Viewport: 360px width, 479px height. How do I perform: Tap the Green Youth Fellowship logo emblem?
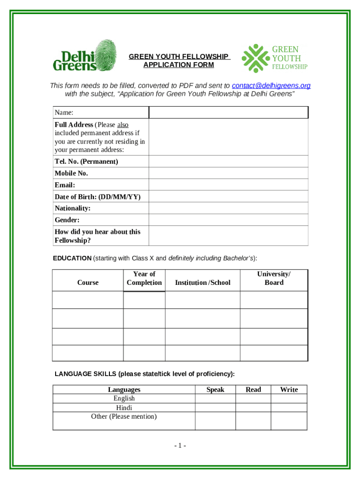pos(256,58)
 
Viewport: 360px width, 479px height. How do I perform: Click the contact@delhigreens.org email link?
pos(271,86)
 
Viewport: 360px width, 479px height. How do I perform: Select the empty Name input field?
pos(228,113)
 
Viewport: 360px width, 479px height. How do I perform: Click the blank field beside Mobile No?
pos(228,173)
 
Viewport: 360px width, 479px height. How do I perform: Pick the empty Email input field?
pos(228,185)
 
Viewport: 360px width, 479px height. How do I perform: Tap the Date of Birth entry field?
pos(228,196)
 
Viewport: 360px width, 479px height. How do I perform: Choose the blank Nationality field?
pos(228,208)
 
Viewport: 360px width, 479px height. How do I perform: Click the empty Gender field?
pos(228,220)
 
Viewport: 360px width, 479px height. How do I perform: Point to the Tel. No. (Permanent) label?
pos(86,161)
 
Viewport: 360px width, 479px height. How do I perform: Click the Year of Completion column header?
pos(144,278)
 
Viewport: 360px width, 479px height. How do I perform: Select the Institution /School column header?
pos(202,283)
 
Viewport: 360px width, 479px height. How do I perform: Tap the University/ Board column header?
pos(274,278)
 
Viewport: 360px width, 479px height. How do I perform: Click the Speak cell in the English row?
pos(215,399)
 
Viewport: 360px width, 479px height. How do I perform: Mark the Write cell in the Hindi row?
pos(289,407)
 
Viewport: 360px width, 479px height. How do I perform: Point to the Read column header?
pos(253,390)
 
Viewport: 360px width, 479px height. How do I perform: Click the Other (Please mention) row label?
pos(124,416)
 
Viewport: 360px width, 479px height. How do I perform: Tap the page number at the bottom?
pos(180,446)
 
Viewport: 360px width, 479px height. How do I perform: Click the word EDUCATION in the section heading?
pos(72,258)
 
